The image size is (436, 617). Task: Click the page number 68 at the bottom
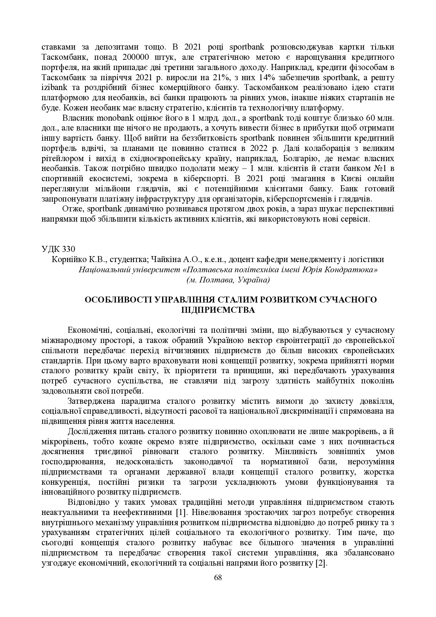(x=218, y=578)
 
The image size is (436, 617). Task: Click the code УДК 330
(x=58, y=249)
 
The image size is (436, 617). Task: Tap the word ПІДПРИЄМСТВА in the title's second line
(x=218, y=310)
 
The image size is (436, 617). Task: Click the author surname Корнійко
(x=67, y=260)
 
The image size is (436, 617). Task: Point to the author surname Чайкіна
(x=166, y=260)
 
